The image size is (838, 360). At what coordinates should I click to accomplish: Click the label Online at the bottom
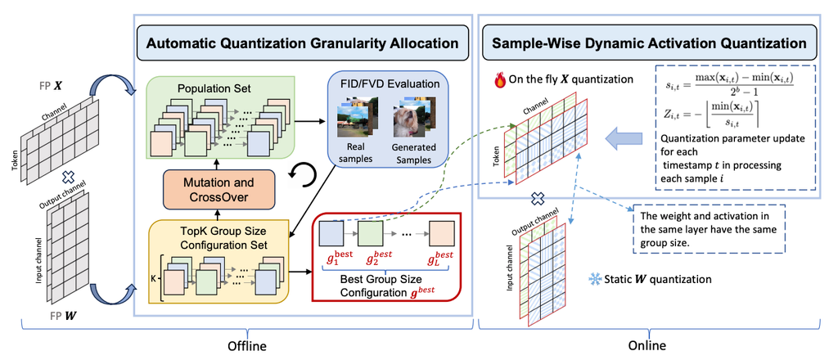(653, 345)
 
